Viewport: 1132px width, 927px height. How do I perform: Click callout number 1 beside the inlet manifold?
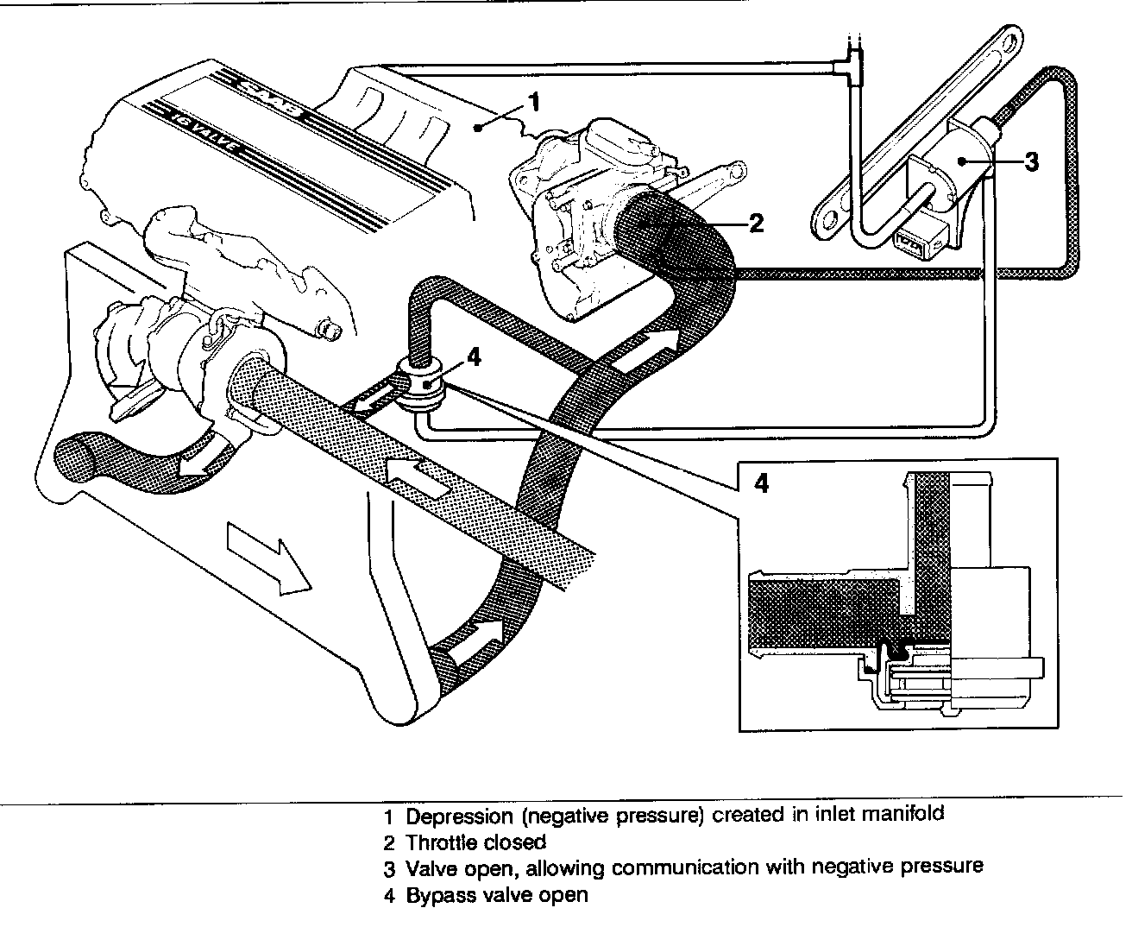[534, 104]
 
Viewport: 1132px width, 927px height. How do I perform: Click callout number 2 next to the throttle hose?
[756, 224]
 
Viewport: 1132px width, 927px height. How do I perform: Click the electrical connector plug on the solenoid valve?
[915, 244]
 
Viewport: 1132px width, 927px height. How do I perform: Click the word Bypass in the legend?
[437, 895]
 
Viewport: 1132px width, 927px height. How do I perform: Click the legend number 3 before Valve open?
[389, 868]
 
